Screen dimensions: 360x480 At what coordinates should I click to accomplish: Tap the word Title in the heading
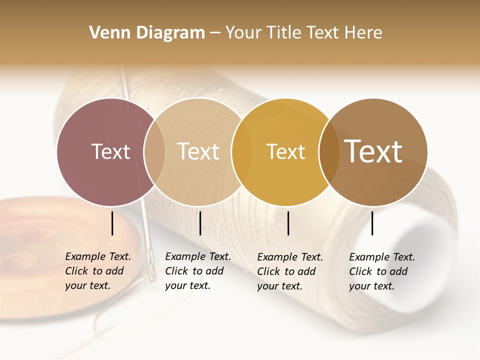[283, 33]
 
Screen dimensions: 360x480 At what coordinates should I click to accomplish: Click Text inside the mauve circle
[110, 151]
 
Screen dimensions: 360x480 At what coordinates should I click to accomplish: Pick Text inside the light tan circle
[198, 151]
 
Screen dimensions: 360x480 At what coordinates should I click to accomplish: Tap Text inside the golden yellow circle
[285, 152]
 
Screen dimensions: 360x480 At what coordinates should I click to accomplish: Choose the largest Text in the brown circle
[373, 151]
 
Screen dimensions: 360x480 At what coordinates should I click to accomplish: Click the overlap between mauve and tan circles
[154, 152]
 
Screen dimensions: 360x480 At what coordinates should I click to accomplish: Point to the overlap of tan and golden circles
[241, 152]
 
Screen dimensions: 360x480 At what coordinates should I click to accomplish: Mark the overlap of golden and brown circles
[328, 152]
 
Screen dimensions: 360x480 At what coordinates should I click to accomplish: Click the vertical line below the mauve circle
[112, 223]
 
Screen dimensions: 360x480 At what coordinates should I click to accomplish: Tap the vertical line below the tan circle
[200, 223]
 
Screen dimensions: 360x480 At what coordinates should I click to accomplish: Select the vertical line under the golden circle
[288, 223]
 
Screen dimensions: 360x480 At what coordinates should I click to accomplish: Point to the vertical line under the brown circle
[372, 223]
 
